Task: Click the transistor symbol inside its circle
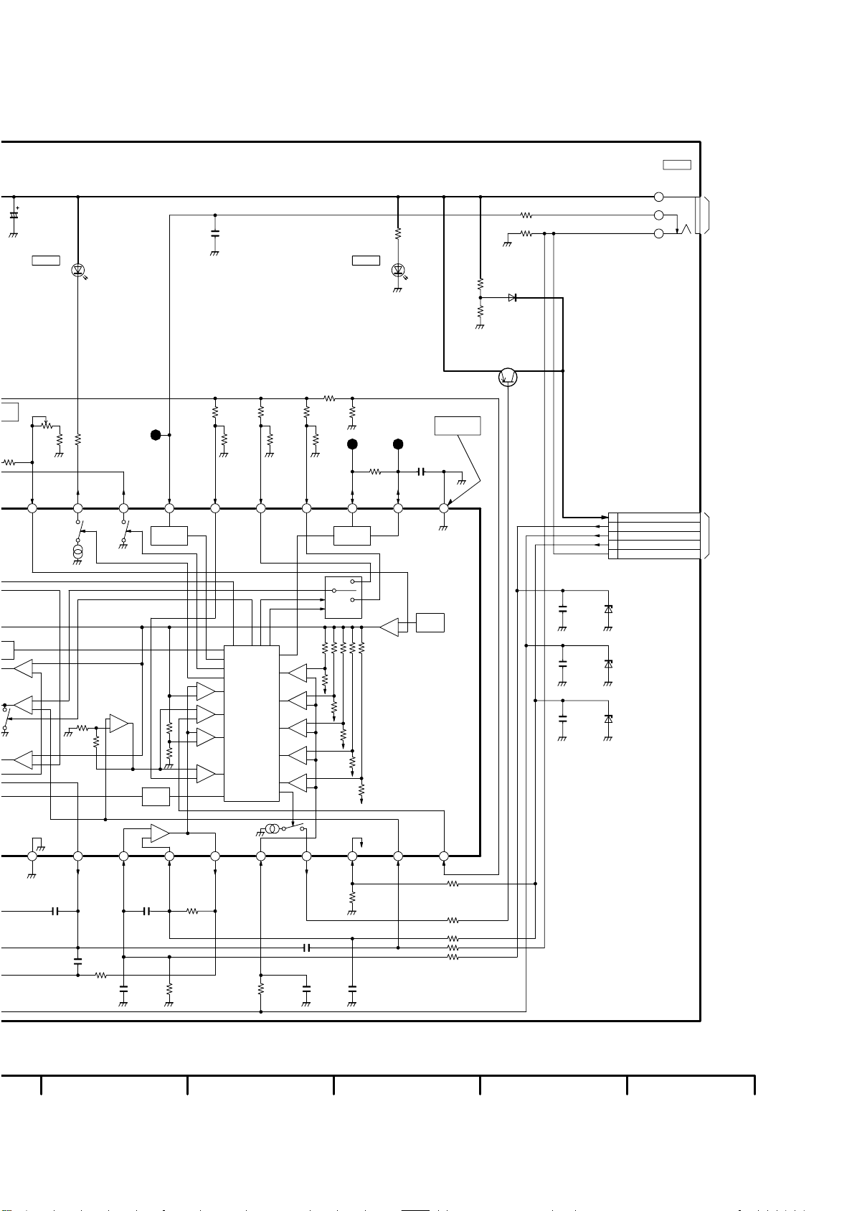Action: coord(508,377)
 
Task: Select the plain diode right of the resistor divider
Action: coord(512,297)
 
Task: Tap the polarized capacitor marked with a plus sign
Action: coord(14,215)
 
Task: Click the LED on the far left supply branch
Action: coord(78,271)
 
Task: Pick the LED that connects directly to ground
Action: coord(398,271)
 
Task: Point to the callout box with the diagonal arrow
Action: coord(458,426)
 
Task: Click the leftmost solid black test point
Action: coord(156,435)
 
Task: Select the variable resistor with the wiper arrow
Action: coord(47,425)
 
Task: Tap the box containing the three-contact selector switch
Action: coord(344,597)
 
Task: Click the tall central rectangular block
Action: coord(252,723)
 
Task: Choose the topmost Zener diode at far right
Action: coord(608,609)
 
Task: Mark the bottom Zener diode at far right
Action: coord(608,719)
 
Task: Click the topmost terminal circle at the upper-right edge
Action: coord(659,197)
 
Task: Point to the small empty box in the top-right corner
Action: coord(676,165)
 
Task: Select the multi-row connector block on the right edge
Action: coord(653,536)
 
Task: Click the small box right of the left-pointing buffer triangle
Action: coord(430,622)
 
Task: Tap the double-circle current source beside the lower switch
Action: coord(272,829)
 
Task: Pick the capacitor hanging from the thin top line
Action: coord(215,233)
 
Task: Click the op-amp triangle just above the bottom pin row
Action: coord(161,833)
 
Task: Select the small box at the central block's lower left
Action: coord(156,797)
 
